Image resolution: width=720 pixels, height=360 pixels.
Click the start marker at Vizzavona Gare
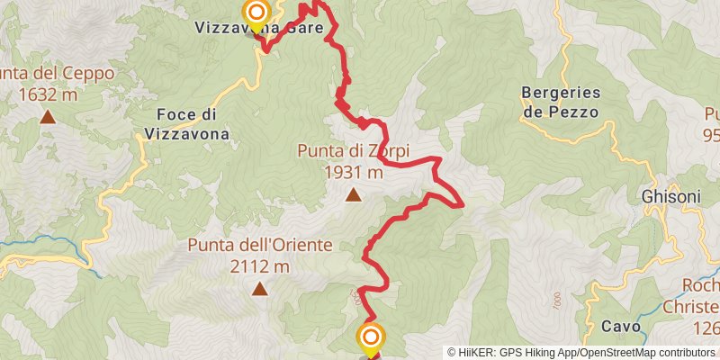pyautogui.click(x=257, y=13)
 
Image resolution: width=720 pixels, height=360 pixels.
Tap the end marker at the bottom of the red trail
pyautogui.click(x=370, y=338)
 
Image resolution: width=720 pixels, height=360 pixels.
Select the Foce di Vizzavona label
pyautogui.click(x=186, y=124)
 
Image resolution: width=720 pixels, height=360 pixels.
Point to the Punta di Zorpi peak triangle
pyautogui.click(x=354, y=194)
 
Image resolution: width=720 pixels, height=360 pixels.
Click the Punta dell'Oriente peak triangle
pyautogui.click(x=260, y=289)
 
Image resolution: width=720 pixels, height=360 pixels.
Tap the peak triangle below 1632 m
pyautogui.click(x=47, y=116)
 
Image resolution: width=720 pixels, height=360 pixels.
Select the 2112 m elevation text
pyautogui.click(x=260, y=266)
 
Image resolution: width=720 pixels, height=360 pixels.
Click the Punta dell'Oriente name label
pyautogui.click(x=260, y=245)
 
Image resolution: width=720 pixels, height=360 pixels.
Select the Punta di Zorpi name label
pyautogui.click(x=354, y=151)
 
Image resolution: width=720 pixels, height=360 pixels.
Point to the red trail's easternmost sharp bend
pyautogui.click(x=461, y=205)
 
